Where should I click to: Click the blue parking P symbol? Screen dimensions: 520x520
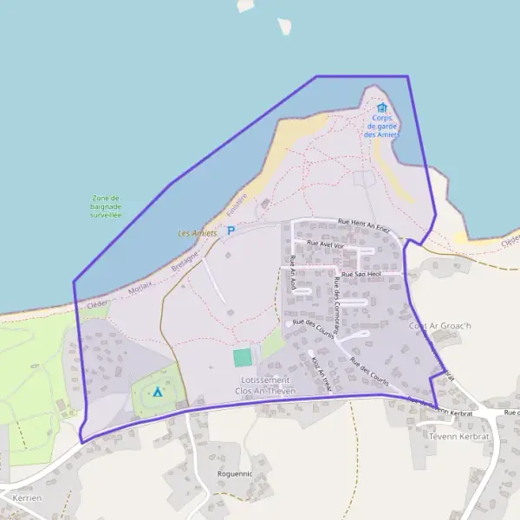(231, 230)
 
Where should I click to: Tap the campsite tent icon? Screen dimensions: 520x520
(157, 392)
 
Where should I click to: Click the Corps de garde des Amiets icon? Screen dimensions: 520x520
(382, 108)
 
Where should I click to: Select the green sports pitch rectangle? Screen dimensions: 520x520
(243, 356)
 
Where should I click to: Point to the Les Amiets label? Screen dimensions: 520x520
(197, 233)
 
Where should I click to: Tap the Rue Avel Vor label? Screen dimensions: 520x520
(326, 244)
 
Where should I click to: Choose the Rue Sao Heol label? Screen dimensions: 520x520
(361, 274)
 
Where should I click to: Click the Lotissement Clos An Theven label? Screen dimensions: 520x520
(265, 386)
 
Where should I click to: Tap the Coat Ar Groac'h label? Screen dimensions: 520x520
(439, 326)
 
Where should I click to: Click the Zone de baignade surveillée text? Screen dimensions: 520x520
(106, 206)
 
